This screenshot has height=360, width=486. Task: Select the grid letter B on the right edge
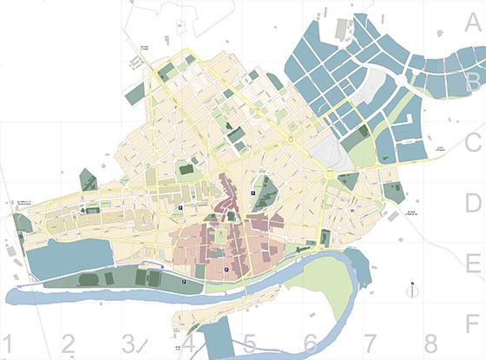pos(473,82)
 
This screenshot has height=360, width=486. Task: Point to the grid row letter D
pos(473,204)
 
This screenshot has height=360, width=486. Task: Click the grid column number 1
pos(10,344)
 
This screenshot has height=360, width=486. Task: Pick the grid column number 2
pos(68,344)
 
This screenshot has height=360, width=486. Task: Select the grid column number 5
pos(249,344)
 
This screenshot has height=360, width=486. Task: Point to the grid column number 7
pos(371,344)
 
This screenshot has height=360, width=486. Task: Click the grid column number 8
pos(430,344)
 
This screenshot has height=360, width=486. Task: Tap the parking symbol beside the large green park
pos(253,193)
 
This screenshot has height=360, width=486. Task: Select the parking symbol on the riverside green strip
pos(185,282)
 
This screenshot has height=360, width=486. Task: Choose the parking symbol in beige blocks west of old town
pos(181,209)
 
